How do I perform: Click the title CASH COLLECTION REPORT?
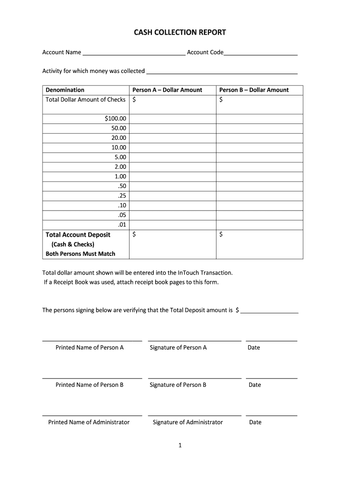[180, 32]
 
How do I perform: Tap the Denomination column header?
[65, 90]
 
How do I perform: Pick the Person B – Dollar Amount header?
[254, 90]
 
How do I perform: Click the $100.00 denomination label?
[115, 118]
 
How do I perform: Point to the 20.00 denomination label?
[118, 138]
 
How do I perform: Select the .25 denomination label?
[122, 196]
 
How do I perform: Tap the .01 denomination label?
[122, 225]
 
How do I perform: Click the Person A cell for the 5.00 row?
[172, 157]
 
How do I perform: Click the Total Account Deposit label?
[78, 235]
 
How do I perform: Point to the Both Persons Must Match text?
[80, 254]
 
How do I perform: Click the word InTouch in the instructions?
[190, 272]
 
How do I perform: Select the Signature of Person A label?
[178, 348]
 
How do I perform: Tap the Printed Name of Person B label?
[89, 385]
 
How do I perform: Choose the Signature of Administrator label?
[187, 422]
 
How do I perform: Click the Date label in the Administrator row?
[255, 422]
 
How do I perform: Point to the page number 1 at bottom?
[180, 446]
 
